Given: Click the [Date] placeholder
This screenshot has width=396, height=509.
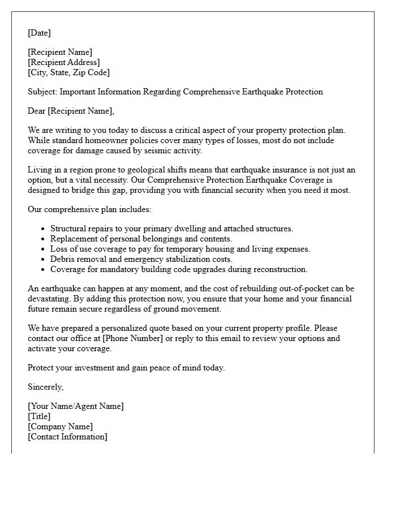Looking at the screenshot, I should [x=39, y=33].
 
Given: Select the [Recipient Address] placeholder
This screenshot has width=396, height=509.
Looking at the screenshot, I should [x=64, y=62].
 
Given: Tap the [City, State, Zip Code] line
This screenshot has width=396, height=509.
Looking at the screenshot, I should [x=68, y=72].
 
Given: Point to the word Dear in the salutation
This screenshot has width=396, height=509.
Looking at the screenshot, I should [x=37, y=111].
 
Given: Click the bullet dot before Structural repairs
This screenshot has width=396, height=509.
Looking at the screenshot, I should [x=44, y=229].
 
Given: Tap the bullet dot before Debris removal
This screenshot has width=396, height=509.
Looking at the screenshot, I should [x=44, y=260].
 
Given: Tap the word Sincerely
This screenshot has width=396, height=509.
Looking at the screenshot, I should [x=45, y=387].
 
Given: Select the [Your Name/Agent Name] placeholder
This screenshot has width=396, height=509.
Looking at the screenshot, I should [x=75, y=406].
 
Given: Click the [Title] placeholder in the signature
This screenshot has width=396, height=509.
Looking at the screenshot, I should [x=39, y=416].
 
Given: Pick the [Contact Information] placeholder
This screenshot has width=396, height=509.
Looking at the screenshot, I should [x=67, y=437].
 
